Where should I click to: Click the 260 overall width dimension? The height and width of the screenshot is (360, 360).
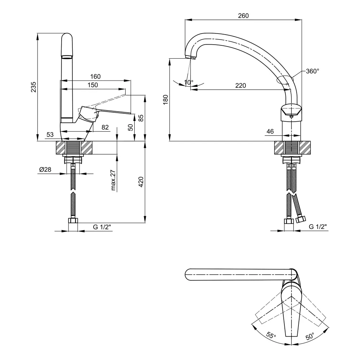tap(243, 15)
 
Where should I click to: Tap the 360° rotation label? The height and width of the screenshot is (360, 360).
tap(312, 71)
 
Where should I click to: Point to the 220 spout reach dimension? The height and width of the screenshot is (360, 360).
tap(240, 85)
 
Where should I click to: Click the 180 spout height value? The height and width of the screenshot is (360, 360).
tap(165, 99)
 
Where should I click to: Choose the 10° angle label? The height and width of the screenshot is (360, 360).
tap(189, 82)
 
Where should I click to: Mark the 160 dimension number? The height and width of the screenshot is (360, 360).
tap(95, 76)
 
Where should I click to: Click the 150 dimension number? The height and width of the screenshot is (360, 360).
tap(93, 85)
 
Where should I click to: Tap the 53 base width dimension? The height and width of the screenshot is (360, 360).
tap(50, 135)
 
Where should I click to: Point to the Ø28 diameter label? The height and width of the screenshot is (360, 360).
tap(45, 169)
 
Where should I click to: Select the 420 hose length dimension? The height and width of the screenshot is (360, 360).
tap(141, 181)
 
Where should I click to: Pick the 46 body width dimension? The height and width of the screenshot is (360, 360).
tap(270, 132)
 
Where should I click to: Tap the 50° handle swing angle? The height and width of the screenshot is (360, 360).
tap(310, 337)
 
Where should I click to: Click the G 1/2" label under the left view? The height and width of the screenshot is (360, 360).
tap(102, 227)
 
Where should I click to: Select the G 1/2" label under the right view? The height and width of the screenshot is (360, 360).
tap(318, 227)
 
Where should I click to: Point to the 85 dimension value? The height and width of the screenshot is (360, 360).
tap(141, 117)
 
